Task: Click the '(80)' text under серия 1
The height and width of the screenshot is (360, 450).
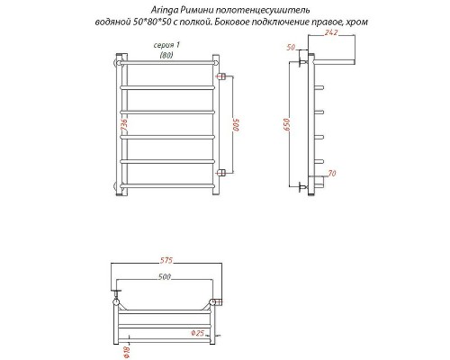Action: pos(166,55)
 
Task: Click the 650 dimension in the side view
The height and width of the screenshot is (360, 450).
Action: pos(284,125)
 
